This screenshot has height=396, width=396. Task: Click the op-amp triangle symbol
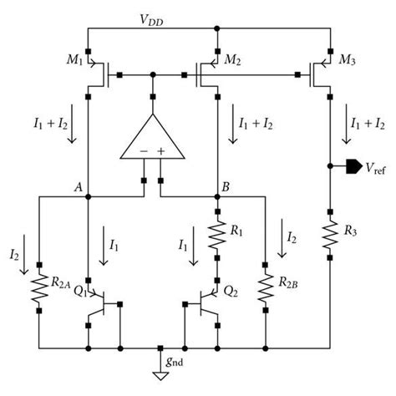click(153, 139)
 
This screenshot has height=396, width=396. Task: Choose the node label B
click(224, 187)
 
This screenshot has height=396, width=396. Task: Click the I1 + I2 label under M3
click(368, 123)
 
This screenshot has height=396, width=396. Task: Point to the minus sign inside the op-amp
click(144, 151)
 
